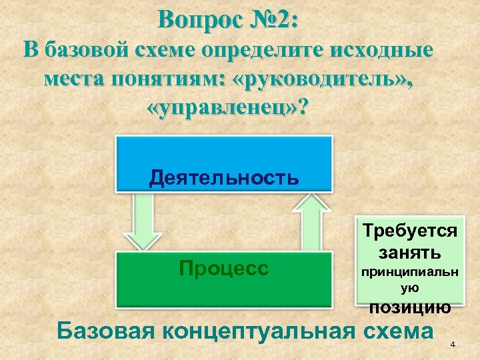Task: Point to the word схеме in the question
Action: pyautogui.click(x=173, y=51)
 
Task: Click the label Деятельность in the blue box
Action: pyautogui.click(x=224, y=178)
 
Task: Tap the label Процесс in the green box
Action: pyautogui.click(x=224, y=268)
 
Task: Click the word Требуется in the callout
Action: pyautogui.click(x=410, y=231)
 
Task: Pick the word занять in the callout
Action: pyautogui.click(x=409, y=253)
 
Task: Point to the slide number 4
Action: pyautogui.click(x=453, y=344)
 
